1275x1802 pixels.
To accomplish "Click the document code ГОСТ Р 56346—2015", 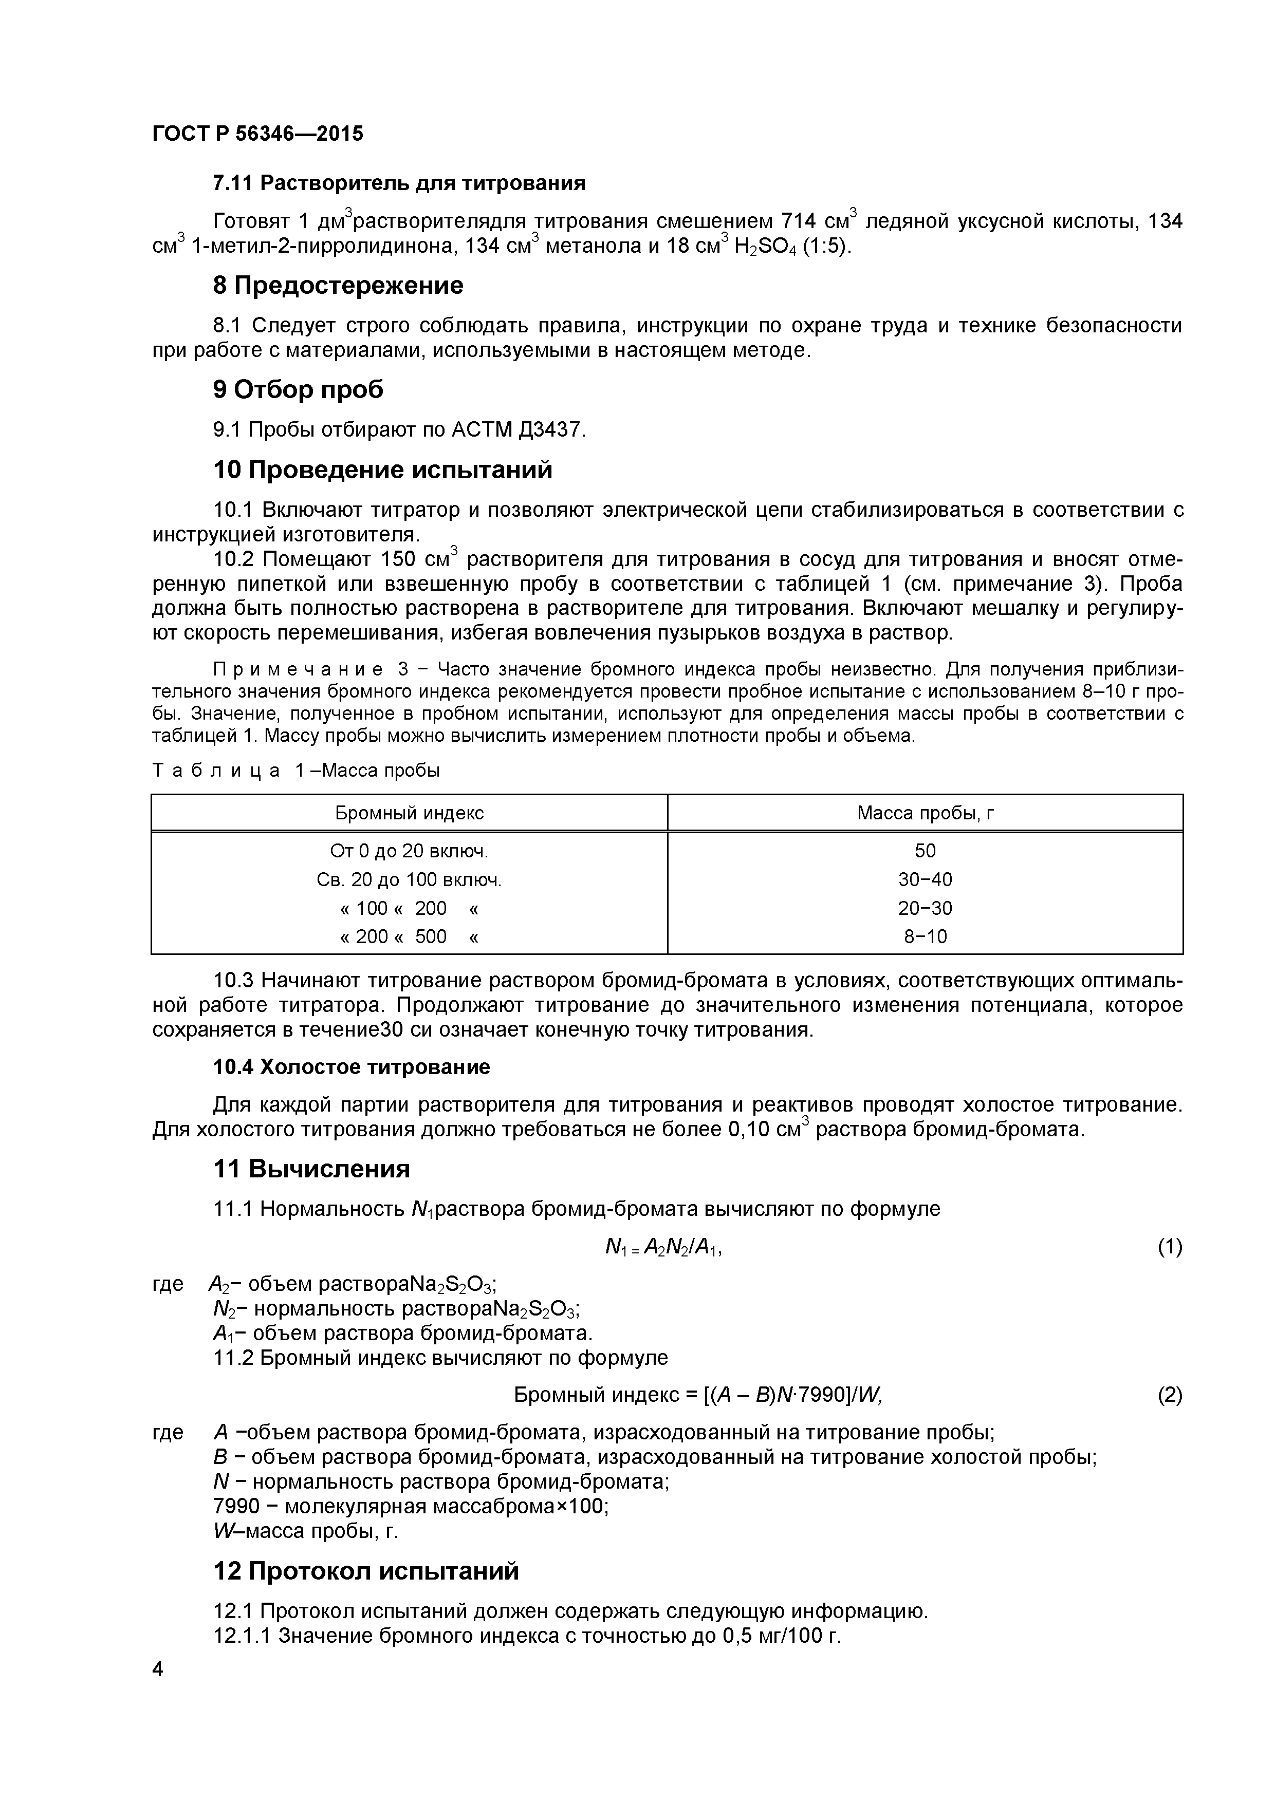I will [257, 134].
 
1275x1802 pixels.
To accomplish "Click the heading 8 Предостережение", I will [338, 285].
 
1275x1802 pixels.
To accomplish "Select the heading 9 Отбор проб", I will [299, 389].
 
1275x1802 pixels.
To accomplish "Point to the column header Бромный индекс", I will [409, 813].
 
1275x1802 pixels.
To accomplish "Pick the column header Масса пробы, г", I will [925, 813].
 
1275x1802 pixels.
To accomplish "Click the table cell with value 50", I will [925, 851].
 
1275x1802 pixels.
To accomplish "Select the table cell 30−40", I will [925, 880].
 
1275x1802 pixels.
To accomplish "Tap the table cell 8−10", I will [925, 936].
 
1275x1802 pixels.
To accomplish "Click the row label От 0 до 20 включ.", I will [409, 851].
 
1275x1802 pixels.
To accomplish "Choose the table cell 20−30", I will [925, 908].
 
